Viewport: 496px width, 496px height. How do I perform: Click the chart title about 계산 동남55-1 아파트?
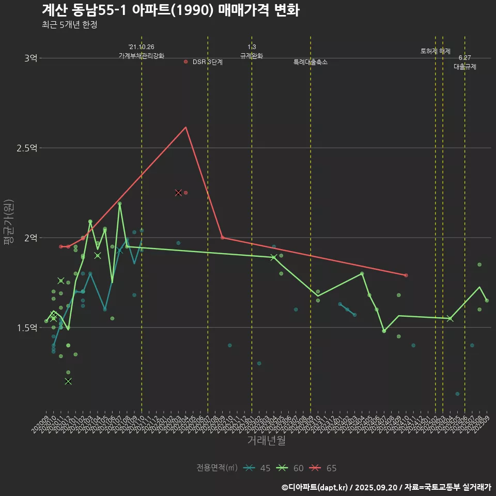click(x=171, y=10)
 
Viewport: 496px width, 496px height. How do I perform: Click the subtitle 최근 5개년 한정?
click(x=69, y=25)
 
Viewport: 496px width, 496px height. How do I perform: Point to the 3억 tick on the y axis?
click(x=30, y=58)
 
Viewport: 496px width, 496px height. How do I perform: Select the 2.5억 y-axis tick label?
click(x=27, y=148)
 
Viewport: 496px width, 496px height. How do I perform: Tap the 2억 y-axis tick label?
click(x=30, y=238)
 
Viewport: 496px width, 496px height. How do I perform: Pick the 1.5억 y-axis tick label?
click(x=27, y=328)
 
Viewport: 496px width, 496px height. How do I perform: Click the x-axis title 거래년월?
click(x=266, y=441)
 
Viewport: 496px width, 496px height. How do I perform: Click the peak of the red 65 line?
click(x=185, y=127)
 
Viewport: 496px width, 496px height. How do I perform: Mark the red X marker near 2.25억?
click(x=178, y=193)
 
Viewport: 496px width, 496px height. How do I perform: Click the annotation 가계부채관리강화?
click(x=142, y=55)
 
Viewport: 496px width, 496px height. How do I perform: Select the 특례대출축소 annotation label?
click(x=311, y=62)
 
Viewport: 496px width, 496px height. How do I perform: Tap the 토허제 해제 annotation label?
click(x=436, y=51)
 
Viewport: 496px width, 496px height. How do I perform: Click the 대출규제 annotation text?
click(x=465, y=67)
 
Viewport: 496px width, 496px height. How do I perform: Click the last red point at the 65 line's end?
click(x=406, y=275)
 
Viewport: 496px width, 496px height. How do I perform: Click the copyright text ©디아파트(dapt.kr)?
click(x=316, y=487)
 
